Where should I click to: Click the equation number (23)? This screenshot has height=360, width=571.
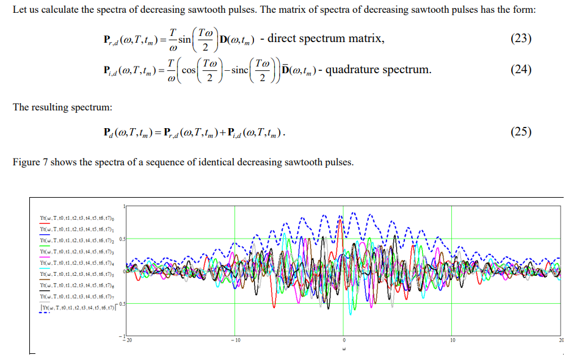point(521,38)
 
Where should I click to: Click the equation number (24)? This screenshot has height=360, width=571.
point(521,70)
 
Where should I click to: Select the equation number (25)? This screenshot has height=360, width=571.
point(521,132)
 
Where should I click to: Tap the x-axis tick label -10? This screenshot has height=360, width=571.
point(235,339)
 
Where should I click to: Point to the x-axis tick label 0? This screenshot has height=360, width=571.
point(343,339)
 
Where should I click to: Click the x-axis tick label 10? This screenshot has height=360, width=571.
point(453,339)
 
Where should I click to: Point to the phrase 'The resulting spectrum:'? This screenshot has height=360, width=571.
point(63,107)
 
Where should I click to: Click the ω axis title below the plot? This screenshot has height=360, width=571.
point(344,350)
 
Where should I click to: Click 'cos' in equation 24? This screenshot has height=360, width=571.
point(189,70)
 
